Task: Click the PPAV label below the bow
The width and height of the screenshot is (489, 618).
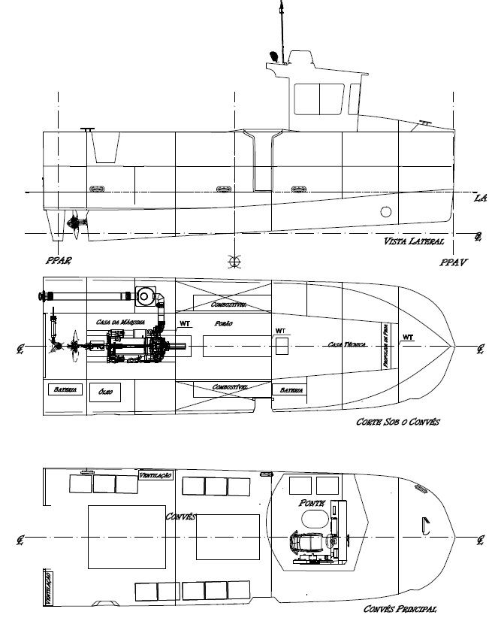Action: coord(454,264)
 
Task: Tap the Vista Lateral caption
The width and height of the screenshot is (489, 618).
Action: coord(414,242)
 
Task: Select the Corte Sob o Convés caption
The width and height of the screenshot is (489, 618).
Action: coord(397,423)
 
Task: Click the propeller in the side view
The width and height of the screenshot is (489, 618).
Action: coord(74,223)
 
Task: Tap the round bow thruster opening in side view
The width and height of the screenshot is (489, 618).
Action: coord(386,211)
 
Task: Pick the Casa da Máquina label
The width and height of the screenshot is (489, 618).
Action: coord(119,322)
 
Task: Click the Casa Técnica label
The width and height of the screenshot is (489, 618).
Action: coord(346,344)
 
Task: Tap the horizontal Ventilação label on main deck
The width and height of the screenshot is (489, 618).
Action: coord(156,475)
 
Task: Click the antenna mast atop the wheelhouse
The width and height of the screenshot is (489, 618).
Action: coord(280,26)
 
